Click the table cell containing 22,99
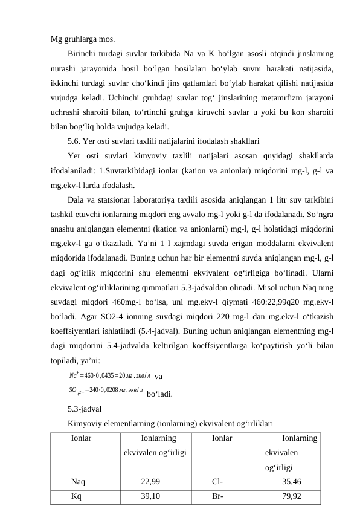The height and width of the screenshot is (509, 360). pos(150,482)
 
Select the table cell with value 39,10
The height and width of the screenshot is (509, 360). pos(150,496)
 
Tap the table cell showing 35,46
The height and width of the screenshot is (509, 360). pos(292,482)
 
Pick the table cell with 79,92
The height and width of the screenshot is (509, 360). pos(292,496)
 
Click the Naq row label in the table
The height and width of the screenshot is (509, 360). pos(78,482)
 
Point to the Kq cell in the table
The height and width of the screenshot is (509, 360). pos(77,496)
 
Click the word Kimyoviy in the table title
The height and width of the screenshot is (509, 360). pos(84,423)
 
